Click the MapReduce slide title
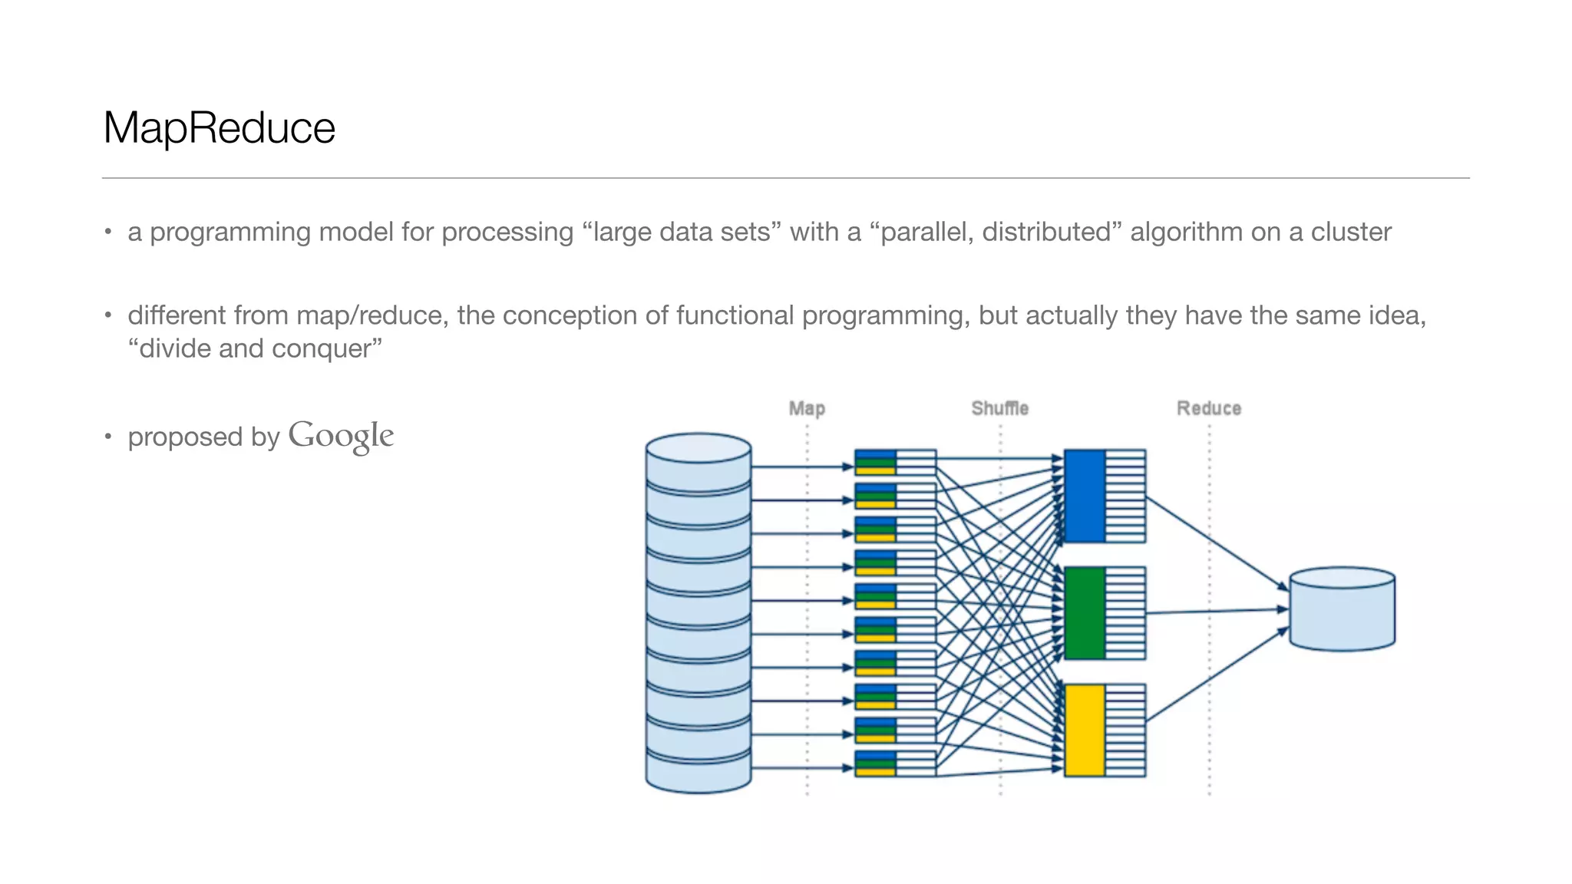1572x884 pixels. (x=219, y=127)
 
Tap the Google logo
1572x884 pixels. (x=341, y=436)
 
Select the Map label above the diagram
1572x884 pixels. (x=807, y=408)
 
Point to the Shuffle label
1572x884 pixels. (x=999, y=408)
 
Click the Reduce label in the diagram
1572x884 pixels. (x=1209, y=408)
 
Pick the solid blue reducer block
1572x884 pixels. (x=1085, y=496)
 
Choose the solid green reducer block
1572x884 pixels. (x=1085, y=613)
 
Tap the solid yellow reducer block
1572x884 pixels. (x=1085, y=730)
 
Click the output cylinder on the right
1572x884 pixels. (x=1342, y=609)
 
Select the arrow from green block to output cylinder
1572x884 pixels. (x=1217, y=612)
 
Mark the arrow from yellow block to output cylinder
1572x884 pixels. (x=1217, y=675)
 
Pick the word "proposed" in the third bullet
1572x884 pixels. (x=185, y=437)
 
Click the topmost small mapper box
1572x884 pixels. (x=895, y=462)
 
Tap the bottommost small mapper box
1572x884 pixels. (x=895, y=764)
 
